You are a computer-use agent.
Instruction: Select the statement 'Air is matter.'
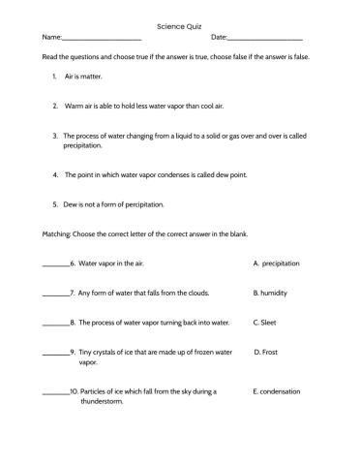pyautogui.click(x=83, y=75)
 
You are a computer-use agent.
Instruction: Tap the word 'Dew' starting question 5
pyautogui.click(x=72, y=204)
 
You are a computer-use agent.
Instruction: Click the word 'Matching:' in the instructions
pyautogui.click(x=56, y=234)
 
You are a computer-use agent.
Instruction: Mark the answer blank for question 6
pyautogui.click(x=56, y=264)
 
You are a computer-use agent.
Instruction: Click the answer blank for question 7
pyautogui.click(x=56, y=294)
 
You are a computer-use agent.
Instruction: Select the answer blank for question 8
pyautogui.click(x=56, y=323)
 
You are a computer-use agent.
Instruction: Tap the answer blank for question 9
pyautogui.click(x=56, y=353)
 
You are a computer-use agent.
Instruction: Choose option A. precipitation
pyautogui.click(x=276, y=263)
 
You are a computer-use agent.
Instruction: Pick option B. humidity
pyautogui.click(x=270, y=293)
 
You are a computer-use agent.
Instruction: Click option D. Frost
pyautogui.click(x=265, y=353)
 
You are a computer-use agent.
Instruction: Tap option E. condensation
pyautogui.click(x=276, y=392)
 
